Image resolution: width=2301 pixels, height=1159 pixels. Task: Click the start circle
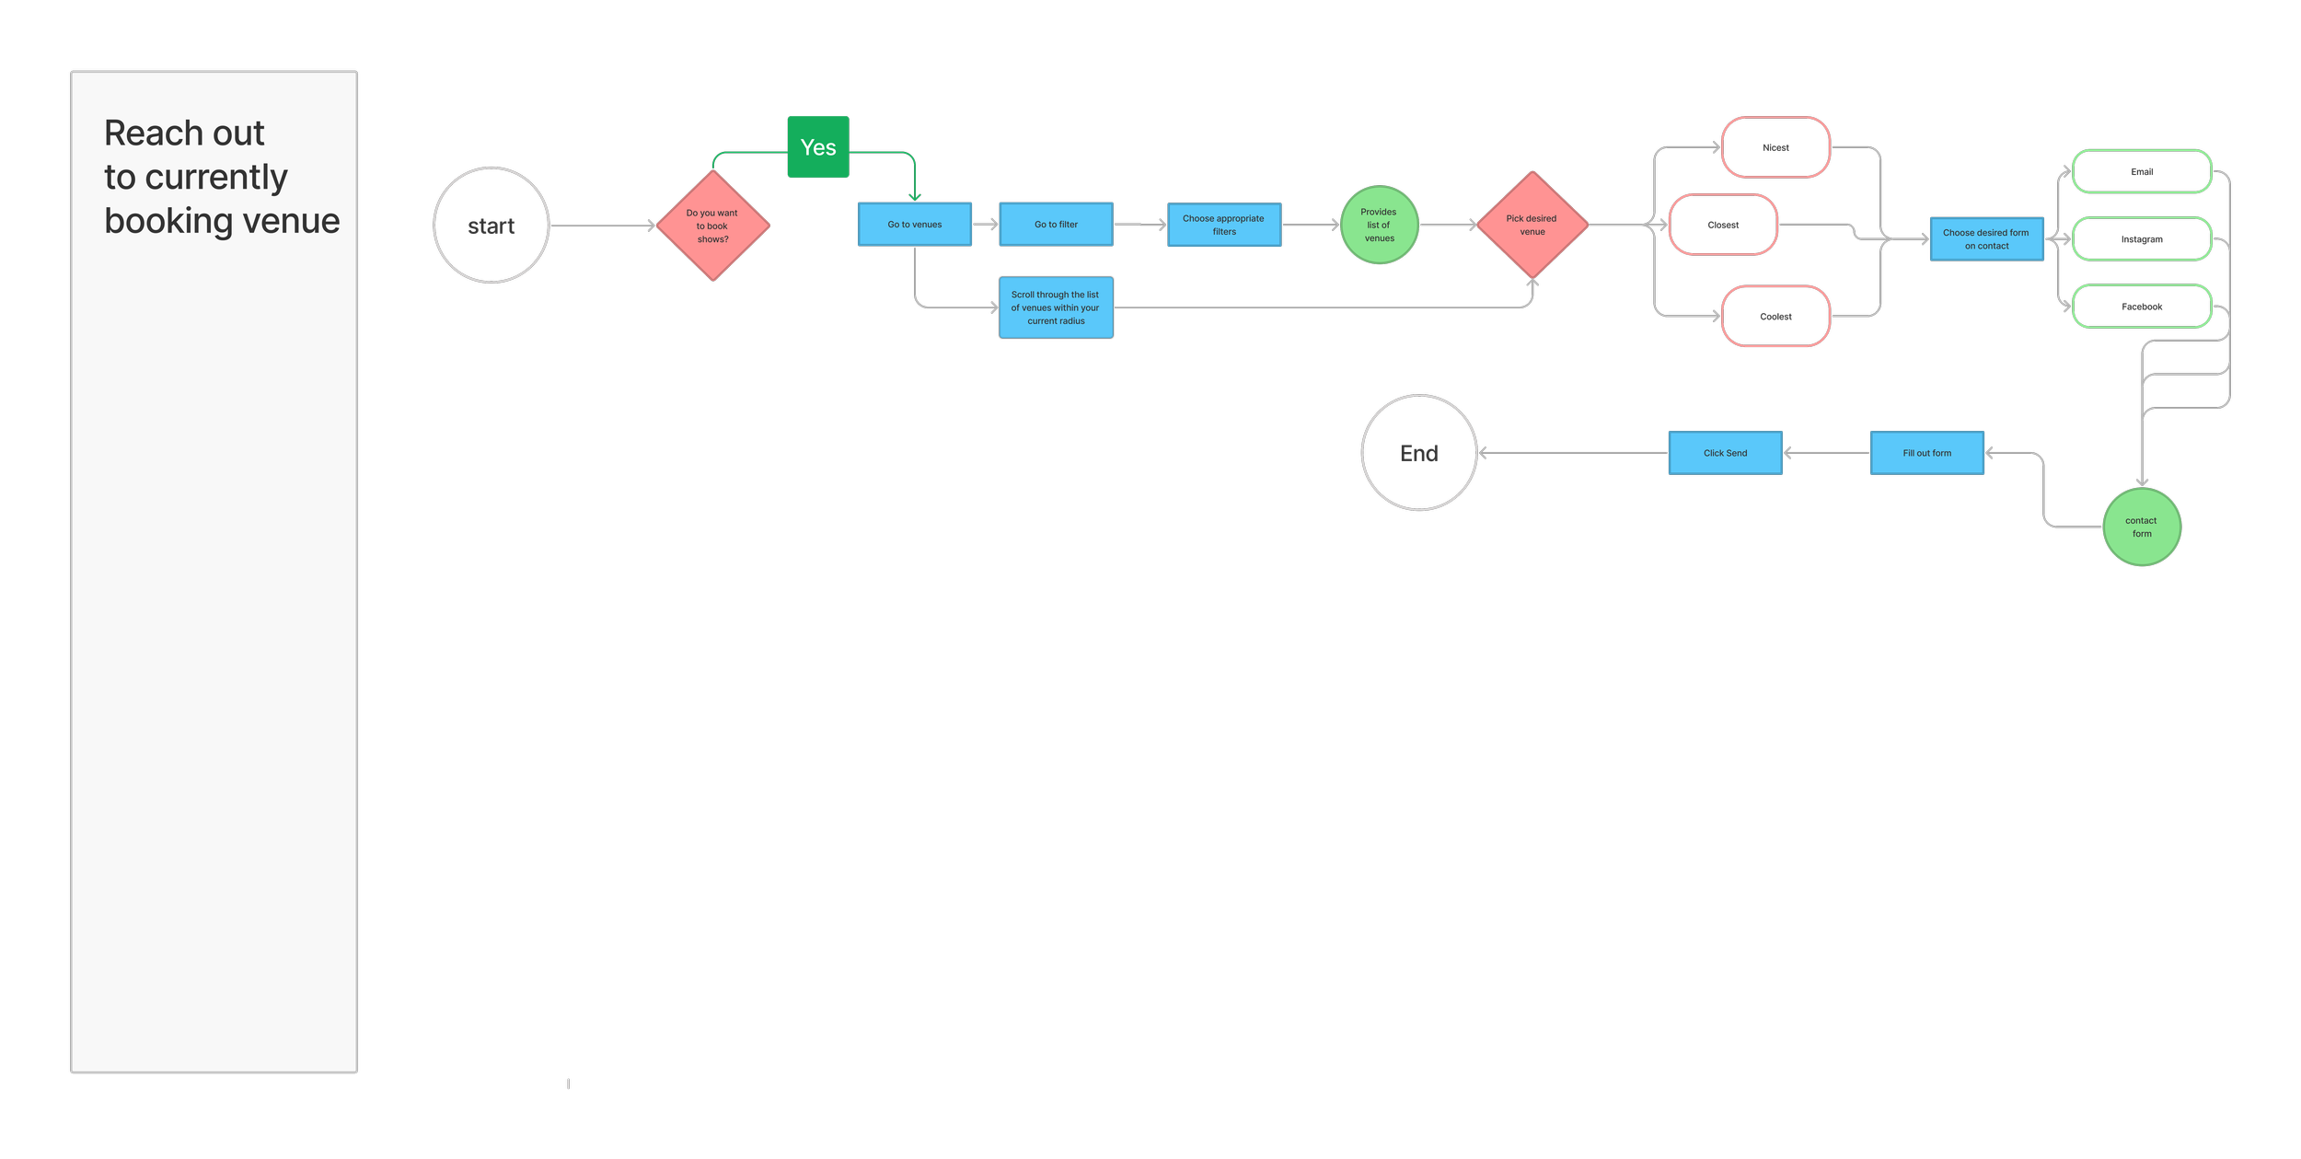tap(491, 226)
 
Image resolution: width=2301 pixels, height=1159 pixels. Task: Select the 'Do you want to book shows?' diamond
tap(712, 226)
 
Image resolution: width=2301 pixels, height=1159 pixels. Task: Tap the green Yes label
tap(818, 147)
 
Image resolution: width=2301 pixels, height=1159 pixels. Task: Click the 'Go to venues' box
tap(914, 225)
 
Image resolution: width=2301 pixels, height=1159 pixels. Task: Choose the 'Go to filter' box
tap(1056, 225)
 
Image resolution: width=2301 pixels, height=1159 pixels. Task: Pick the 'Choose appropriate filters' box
tap(1224, 225)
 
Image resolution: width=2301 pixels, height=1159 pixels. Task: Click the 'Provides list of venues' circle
tap(1379, 225)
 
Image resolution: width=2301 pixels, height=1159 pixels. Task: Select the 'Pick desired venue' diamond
tap(1532, 225)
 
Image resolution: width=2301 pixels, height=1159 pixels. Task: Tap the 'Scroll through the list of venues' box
tap(1056, 307)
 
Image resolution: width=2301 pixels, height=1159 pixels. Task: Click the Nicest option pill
tap(1775, 147)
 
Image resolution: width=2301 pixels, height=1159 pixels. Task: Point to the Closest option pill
tap(1723, 225)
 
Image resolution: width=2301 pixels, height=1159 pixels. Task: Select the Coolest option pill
tap(1775, 317)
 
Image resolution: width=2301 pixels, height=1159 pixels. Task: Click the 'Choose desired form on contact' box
tap(1986, 239)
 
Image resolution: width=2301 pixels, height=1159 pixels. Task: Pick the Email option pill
tap(2141, 172)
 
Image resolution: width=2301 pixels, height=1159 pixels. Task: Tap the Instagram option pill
tap(2141, 239)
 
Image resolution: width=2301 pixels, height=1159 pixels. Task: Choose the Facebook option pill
tap(2141, 307)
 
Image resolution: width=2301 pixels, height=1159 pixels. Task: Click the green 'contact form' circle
tap(2141, 527)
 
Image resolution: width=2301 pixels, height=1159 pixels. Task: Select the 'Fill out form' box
tap(1926, 453)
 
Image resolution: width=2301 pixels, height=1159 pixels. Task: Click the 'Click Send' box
tap(1725, 453)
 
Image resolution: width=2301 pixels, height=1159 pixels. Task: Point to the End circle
tap(1418, 453)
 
